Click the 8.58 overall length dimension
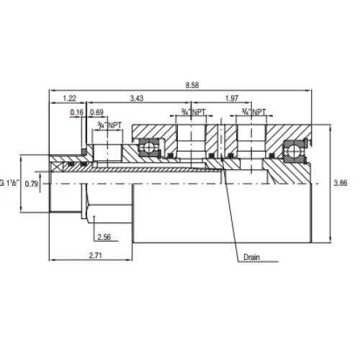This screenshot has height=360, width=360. point(192,85)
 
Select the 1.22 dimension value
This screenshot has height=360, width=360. point(70,97)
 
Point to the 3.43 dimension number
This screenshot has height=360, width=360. point(137,97)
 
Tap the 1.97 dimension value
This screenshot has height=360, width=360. point(232,97)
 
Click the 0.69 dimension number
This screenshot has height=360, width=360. point(98,113)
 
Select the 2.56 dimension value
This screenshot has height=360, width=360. point(104,236)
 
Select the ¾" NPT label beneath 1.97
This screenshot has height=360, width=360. point(253,112)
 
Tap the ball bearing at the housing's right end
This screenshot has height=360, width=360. point(294,149)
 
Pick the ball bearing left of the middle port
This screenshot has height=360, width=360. point(149,148)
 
